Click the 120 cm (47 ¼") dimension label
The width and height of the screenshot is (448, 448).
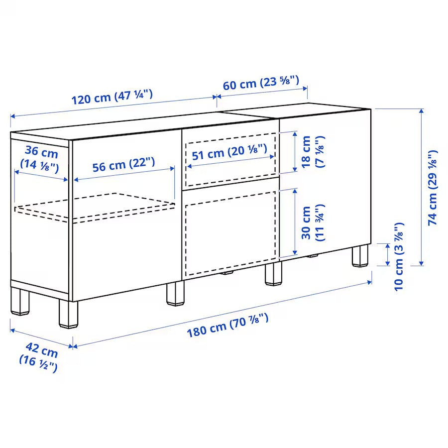point(112,96)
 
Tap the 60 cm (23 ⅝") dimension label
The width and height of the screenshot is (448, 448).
point(260,83)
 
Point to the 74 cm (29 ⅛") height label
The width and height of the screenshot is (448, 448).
point(433,188)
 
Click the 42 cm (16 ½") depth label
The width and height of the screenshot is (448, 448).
point(39,357)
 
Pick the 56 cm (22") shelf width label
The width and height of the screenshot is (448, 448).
point(123,164)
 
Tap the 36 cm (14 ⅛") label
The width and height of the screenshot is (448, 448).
point(39,158)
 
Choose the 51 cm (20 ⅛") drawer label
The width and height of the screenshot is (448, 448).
point(229,151)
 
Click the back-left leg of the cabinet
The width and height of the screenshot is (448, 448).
point(19,301)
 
